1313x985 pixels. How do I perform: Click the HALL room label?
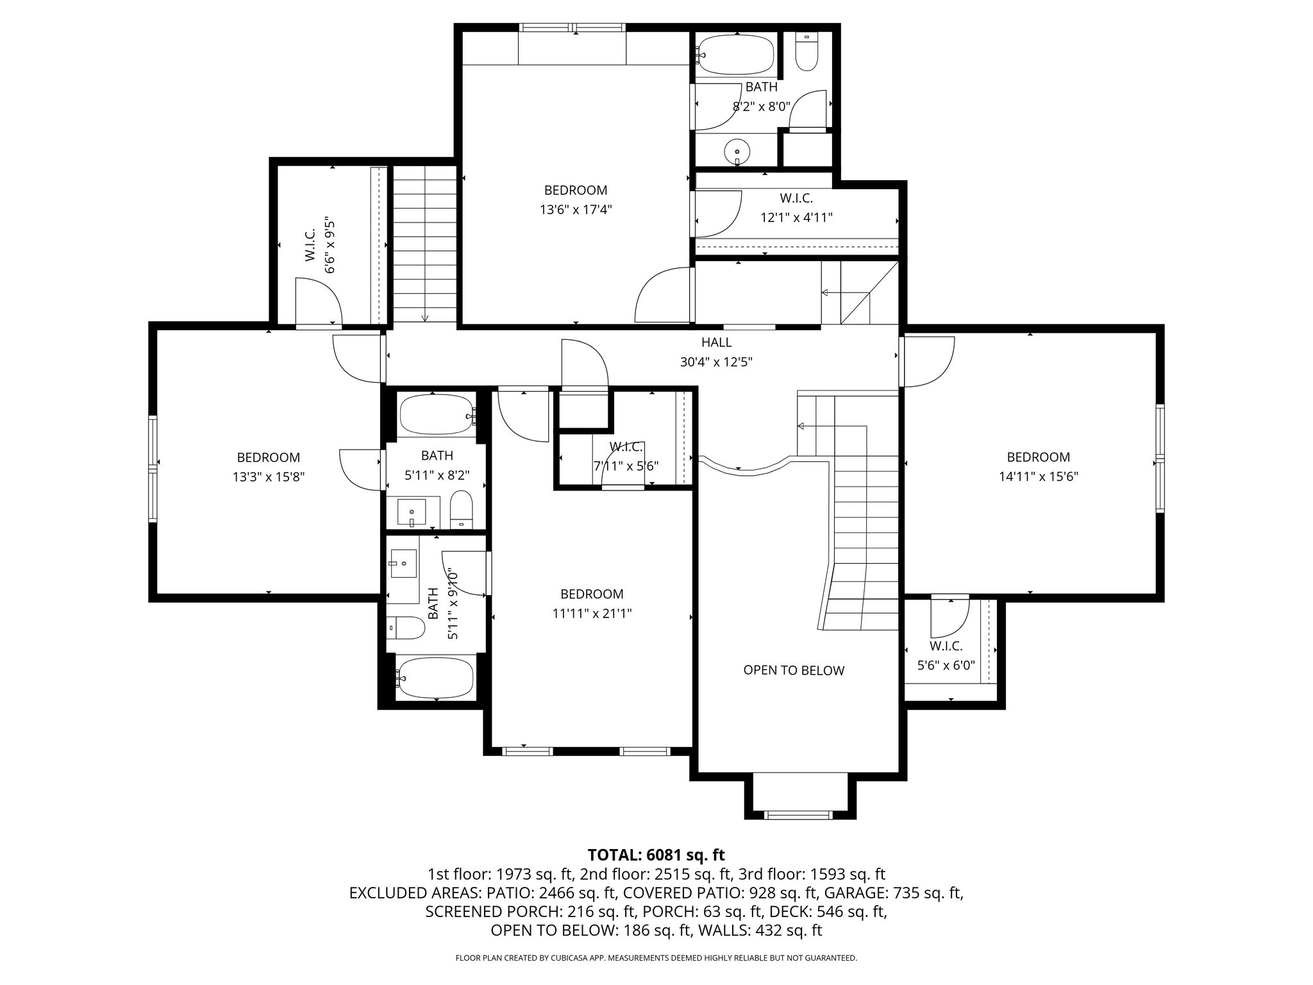[x=716, y=342]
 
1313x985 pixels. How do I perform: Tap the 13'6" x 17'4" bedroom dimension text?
[x=576, y=210]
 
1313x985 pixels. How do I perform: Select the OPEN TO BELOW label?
[x=794, y=670]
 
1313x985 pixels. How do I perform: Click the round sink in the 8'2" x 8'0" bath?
[x=737, y=152]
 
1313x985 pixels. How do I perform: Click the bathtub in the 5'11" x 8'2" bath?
[x=437, y=415]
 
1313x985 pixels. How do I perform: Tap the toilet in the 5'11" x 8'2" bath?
[x=461, y=509]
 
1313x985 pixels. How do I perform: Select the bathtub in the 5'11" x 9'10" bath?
[x=435, y=678]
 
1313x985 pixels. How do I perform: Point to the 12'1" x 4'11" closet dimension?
[x=796, y=217]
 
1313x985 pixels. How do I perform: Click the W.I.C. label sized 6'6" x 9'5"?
[x=310, y=246]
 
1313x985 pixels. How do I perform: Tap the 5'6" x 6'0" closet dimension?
[x=946, y=666]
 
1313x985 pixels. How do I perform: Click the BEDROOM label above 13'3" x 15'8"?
[x=268, y=457]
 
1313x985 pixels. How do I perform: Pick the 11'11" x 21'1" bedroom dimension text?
[x=592, y=613]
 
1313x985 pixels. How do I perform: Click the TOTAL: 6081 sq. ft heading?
[x=656, y=855]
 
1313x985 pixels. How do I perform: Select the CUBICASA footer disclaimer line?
[x=656, y=958]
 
